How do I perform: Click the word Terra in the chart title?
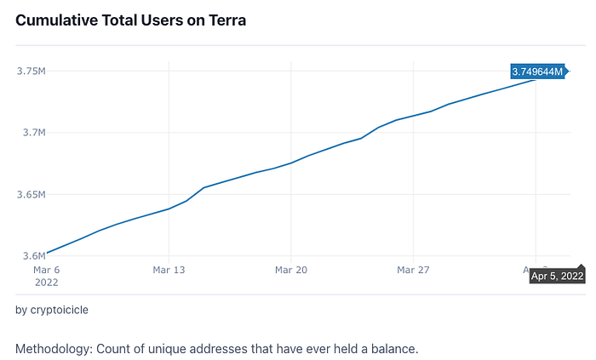[227, 20]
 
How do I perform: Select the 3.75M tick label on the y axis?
[32, 71]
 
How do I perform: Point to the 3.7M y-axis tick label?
[34, 133]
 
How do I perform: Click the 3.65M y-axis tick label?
[32, 194]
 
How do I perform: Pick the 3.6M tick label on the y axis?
[34, 256]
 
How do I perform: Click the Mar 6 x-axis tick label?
[46, 270]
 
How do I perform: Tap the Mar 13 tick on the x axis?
[169, 270]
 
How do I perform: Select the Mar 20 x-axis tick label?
[291, 270]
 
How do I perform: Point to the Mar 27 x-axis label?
[413, 270]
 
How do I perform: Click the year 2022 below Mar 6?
[46, 283]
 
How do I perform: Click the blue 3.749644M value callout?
[537, 71]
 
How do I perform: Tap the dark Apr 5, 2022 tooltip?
[557, 276]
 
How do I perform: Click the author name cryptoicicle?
[60, 310]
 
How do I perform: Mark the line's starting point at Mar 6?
[46, 253]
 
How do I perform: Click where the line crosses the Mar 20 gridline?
[291, 163]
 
